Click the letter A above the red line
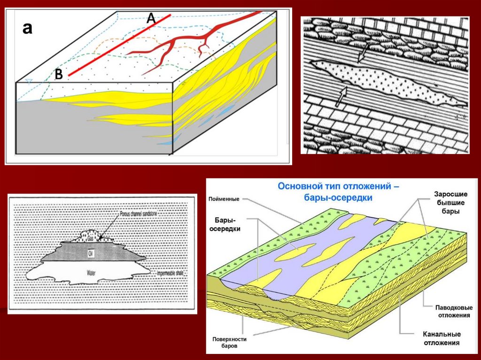click(x=151, y=18)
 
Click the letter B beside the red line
click(x=59, y=74)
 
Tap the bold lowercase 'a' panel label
click(x=28, y=29)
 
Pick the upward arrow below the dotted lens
click(x=341, y=96)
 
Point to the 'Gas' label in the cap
click(x=91, y=238)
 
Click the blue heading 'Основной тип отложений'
click(x=338, y=186)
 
